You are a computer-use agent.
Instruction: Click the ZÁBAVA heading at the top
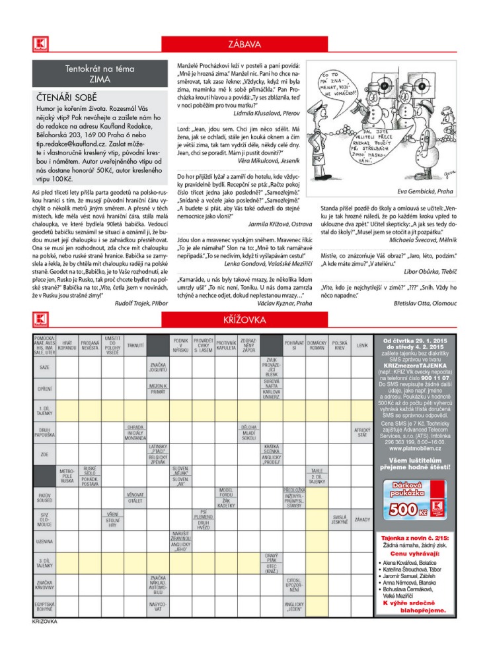tap(244, 45)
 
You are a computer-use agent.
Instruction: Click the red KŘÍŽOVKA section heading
tap(244, 320)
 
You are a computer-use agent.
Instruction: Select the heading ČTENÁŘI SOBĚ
tap(65, 96)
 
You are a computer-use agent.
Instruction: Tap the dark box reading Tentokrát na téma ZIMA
tap(100, 73)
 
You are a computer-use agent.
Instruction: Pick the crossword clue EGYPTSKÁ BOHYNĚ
tap(45, 606)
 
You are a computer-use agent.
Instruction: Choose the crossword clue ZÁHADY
tap(363, 520)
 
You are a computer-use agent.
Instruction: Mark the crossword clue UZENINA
tap(45, 542)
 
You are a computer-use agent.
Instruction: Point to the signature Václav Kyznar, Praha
tap(286, 303)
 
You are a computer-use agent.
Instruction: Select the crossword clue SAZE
tap(45, 367)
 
